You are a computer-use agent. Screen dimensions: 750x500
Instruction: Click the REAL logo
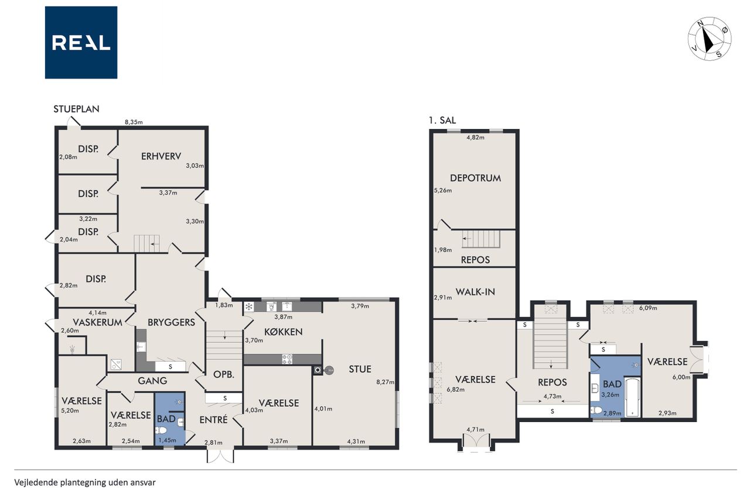[81, 43]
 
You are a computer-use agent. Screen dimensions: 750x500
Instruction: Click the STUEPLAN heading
[76, 109]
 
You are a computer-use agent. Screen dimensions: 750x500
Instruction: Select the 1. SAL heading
[442, 120]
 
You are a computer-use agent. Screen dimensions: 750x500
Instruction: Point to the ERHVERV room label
[161, 156]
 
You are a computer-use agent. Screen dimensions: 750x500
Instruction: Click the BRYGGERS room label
[172, 322]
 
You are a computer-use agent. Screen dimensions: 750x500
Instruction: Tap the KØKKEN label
[283, 332]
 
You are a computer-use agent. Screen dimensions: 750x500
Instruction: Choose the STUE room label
[360, 369]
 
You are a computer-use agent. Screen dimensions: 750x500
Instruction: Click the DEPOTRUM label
[475, 178]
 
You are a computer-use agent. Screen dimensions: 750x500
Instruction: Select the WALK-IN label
[475, 292]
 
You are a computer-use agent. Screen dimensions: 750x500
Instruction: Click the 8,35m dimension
[134, 123]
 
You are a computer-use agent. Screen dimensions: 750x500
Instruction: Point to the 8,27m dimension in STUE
[386, 382]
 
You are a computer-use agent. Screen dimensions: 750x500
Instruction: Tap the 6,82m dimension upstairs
[456, 389]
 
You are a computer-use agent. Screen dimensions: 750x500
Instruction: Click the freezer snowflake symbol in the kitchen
[249, 307]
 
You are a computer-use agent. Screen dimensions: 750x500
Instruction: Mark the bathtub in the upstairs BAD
[633, 397]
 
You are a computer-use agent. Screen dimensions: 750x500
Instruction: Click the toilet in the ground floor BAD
[162, 430]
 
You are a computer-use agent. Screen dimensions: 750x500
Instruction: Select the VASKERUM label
[97, 322]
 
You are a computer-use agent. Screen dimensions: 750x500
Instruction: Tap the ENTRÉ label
[213, 420]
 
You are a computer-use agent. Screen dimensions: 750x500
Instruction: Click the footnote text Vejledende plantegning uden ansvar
[85, 482]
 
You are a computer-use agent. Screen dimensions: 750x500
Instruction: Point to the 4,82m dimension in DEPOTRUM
[475, 137]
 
